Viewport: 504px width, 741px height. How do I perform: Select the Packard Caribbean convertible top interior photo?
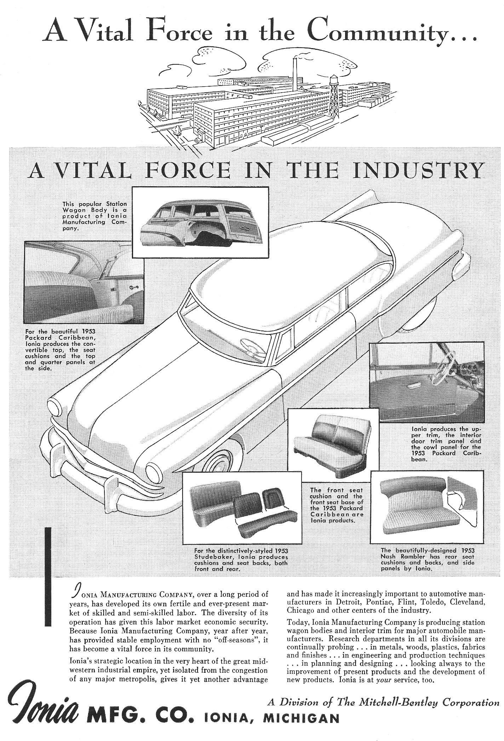click(x=84, y=282)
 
